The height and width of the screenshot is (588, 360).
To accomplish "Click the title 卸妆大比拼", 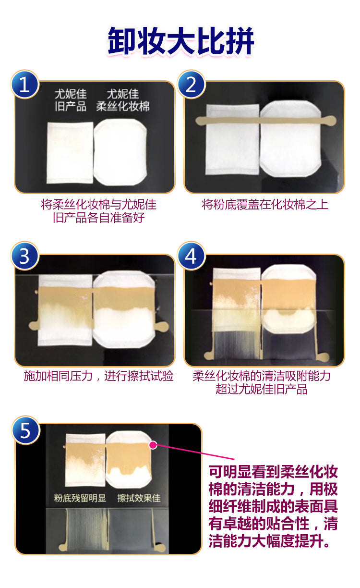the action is click(180, 41).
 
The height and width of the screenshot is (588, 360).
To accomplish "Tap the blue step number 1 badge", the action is click(25, 84).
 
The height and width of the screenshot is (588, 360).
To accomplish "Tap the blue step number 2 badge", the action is click(191, 84).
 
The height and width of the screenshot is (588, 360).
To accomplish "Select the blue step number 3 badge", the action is click(25, 256).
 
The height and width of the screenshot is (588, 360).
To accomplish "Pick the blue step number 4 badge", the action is click(191, 256).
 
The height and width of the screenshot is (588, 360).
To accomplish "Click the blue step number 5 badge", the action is click(25, 430).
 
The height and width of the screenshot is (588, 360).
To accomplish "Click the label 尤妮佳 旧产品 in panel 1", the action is click(71, 100).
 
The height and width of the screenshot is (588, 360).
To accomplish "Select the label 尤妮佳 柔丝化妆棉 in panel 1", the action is click(123, 100).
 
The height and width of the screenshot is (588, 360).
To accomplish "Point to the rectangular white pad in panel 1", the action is click(70, 152).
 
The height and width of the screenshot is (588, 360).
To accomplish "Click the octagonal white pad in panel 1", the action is click(120, 152).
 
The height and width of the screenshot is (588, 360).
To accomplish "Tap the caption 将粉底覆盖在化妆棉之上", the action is click(265, 205).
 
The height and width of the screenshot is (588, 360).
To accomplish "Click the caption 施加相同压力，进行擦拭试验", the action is click(98, 376).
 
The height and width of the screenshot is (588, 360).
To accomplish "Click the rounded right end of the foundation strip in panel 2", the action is click(331, 121).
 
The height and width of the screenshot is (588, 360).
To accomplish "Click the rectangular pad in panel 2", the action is click(232, 139).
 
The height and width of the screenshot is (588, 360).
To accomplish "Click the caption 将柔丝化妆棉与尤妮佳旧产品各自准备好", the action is click(98, 211).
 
